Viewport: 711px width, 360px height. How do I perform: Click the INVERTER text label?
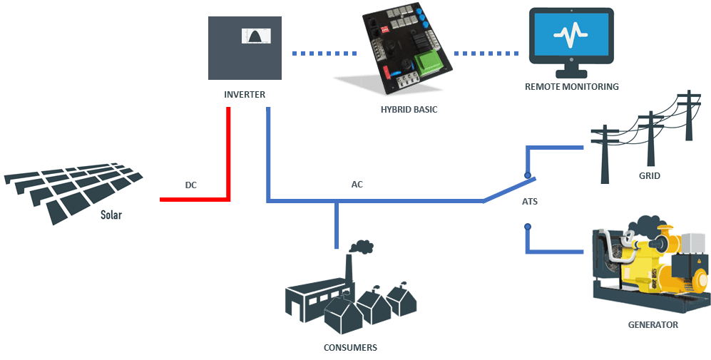click(245, 94)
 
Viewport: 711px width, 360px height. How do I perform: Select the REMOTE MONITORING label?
click(571, 86)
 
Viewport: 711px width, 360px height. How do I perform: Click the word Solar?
click(111, 214)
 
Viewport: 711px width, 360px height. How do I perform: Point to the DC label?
click(190, 185)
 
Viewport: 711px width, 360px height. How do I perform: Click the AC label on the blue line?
click(358, 184)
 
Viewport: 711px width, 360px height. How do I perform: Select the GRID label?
click(649, 175)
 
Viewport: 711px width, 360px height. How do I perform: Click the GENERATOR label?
click(653, 324)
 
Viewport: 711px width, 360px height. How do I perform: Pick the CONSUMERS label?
click(349, 347)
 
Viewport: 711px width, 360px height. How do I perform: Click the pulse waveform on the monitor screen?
click(571, 35)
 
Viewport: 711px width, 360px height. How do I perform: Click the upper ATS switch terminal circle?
click(527, 175)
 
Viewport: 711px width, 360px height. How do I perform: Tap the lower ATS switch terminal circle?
click(528, 227)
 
